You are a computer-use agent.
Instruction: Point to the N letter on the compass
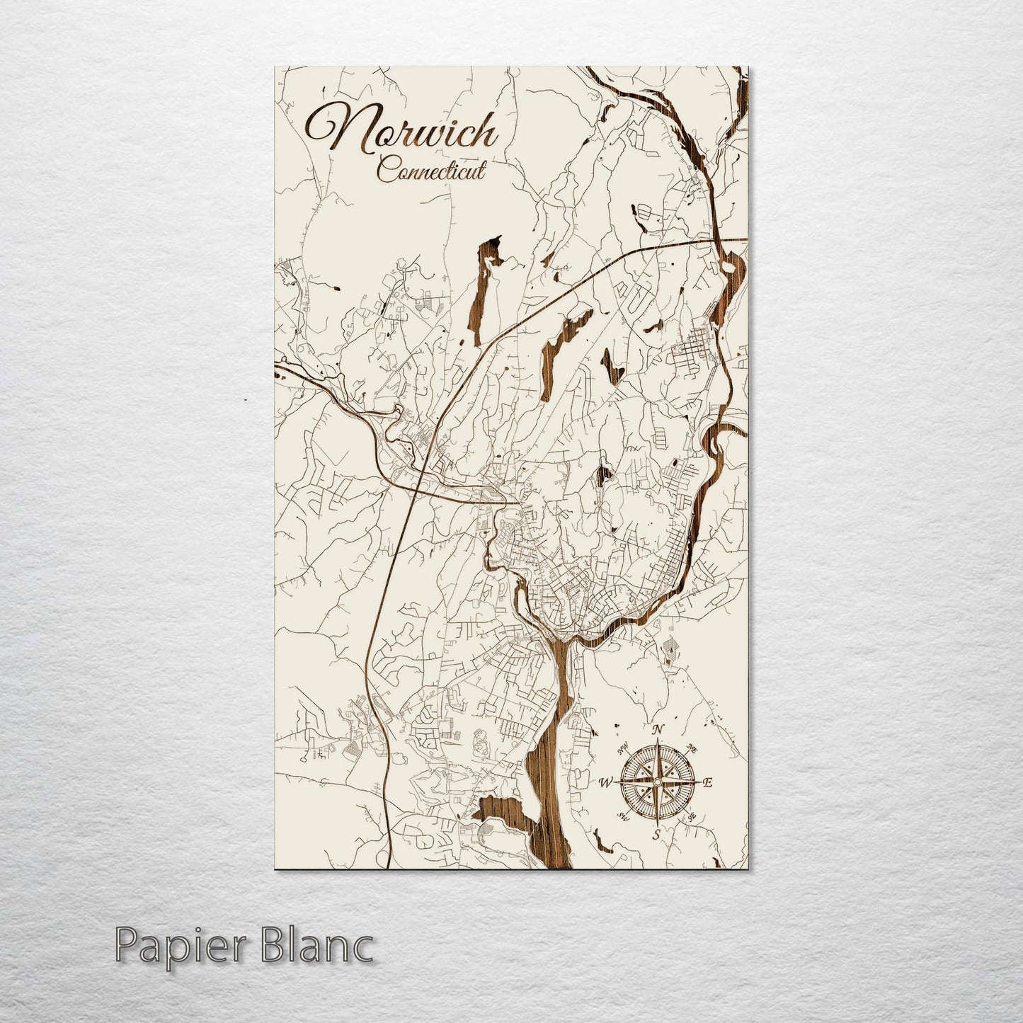coord(658,730)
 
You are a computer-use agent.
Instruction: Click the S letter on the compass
coord(656,833)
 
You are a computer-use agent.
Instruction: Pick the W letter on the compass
coord(606,782)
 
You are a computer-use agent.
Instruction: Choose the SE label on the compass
coord(692,816)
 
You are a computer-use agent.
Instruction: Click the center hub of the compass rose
coord(657,782)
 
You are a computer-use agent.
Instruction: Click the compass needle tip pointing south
coord(657,823)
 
